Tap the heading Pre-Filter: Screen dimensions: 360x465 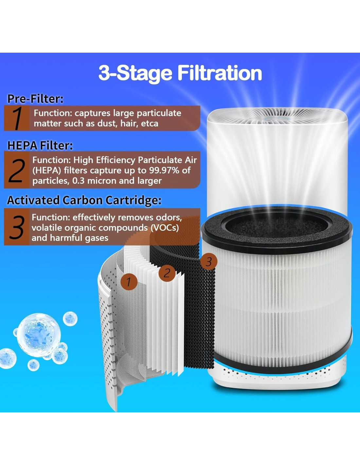[35, 99]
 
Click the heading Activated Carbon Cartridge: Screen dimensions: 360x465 [84, 200]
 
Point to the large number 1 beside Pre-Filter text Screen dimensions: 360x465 [17, 118]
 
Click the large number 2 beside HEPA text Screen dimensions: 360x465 [17, 170]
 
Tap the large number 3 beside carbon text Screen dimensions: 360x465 [17, 227]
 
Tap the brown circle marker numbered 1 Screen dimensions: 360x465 [129, 282]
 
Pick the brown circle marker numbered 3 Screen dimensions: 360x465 [209, 262]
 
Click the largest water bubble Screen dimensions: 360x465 [39, 336]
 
